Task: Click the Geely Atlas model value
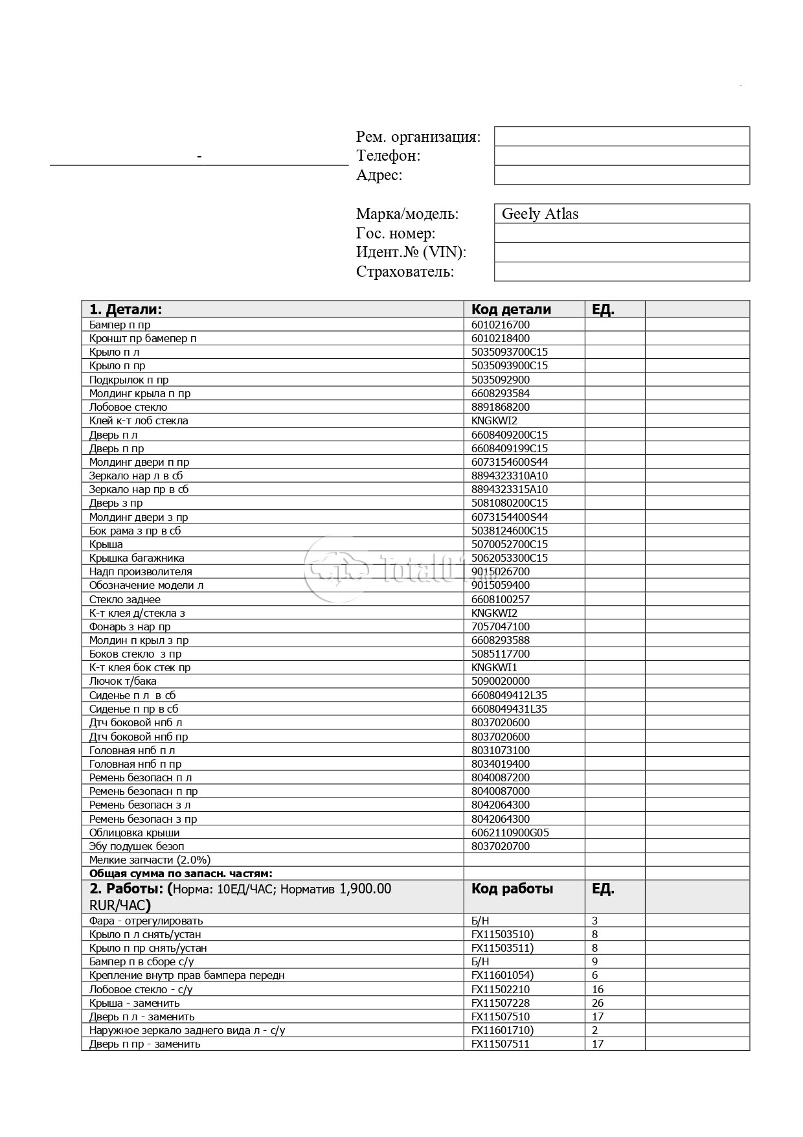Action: pos(539,214)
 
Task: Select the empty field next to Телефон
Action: pos(621,155)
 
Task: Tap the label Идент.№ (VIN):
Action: pos(411,253)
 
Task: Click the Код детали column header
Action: pos(511,309)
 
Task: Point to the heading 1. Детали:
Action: pos(126,309)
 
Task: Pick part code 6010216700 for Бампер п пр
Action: pos(500,325)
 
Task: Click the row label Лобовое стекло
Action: pos(128,408)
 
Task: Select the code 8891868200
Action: pos(500,408)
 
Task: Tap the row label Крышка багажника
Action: pos(137,558)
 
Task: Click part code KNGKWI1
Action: pos(494,667)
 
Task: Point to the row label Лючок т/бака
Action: pos(122,681)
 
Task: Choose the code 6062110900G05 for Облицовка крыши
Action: pos(510,833)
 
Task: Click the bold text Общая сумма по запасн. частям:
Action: pos(181,873)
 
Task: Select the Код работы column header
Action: pos(512,889)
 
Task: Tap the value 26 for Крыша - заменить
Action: pos(597,1003)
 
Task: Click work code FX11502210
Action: pos(500,989)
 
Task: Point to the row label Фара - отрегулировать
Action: pos(146,921)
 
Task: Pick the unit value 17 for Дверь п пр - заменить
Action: pos(597,1044)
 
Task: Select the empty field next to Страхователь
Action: pos(621,271)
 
